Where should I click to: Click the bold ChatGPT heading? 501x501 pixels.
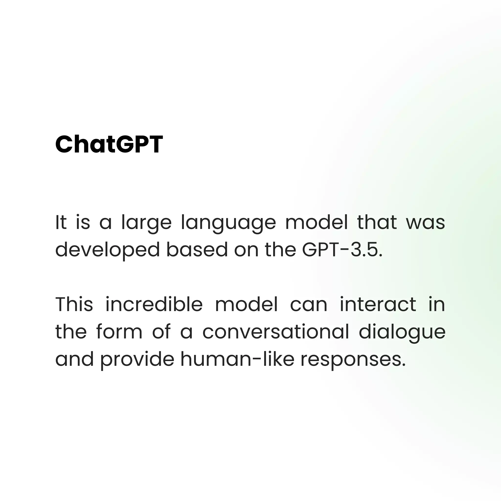click(x=109, y=144)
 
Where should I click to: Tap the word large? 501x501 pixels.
click(x=147, y=223)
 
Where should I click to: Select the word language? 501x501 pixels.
click(x=228, y=223)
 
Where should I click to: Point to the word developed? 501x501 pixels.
click(x=107, y=250)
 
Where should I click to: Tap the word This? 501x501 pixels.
click(x=74, y=304)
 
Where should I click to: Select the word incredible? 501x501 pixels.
click(x=154, y=304)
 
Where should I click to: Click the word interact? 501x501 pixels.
click(x=378, y=304)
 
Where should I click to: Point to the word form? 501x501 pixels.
click(x=119, y=332)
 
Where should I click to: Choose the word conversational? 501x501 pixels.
click(x=276, y=332)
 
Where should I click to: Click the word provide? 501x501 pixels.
click(x=137, y=360)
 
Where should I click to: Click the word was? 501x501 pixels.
click(x=425, y=223)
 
